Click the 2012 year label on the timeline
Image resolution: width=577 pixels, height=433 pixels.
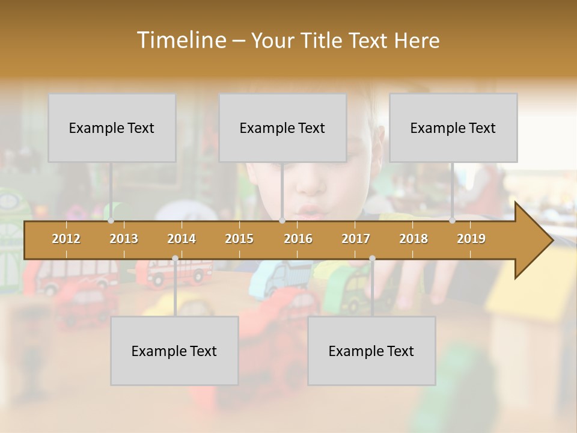(x=66, y=239)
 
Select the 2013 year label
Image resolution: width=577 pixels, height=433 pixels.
(x=124, y=239)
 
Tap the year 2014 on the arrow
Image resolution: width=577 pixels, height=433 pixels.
(x=182, y=239)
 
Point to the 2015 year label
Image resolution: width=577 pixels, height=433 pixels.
(x=239, y=239)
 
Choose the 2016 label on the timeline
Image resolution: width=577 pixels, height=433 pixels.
(x=298, y=239)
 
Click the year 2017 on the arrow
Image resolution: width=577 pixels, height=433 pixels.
(x=356, y=239)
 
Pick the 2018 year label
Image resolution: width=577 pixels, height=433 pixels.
(x=414, y=239)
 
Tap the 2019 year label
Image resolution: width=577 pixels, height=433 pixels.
(x=471, y=239)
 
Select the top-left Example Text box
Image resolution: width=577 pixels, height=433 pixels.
(x=112, y=127)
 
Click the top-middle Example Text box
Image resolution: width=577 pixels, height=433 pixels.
(x=282, y=127)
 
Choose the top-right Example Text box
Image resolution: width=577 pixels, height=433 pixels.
(x=453, y=127)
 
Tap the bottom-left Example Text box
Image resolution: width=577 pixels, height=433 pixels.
(x=174, y=351)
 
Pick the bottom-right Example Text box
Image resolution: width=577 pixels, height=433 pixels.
(x=371, y=351)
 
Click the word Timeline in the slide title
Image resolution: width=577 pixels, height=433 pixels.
(x=181, y=40)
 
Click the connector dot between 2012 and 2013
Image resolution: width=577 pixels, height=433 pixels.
(x=111, y=221)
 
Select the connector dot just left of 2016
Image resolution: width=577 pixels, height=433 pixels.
(x=282, y=221)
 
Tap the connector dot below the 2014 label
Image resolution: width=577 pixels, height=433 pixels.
(x=175, y=259)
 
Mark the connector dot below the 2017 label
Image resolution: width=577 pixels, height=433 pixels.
(x=372, y=259)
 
